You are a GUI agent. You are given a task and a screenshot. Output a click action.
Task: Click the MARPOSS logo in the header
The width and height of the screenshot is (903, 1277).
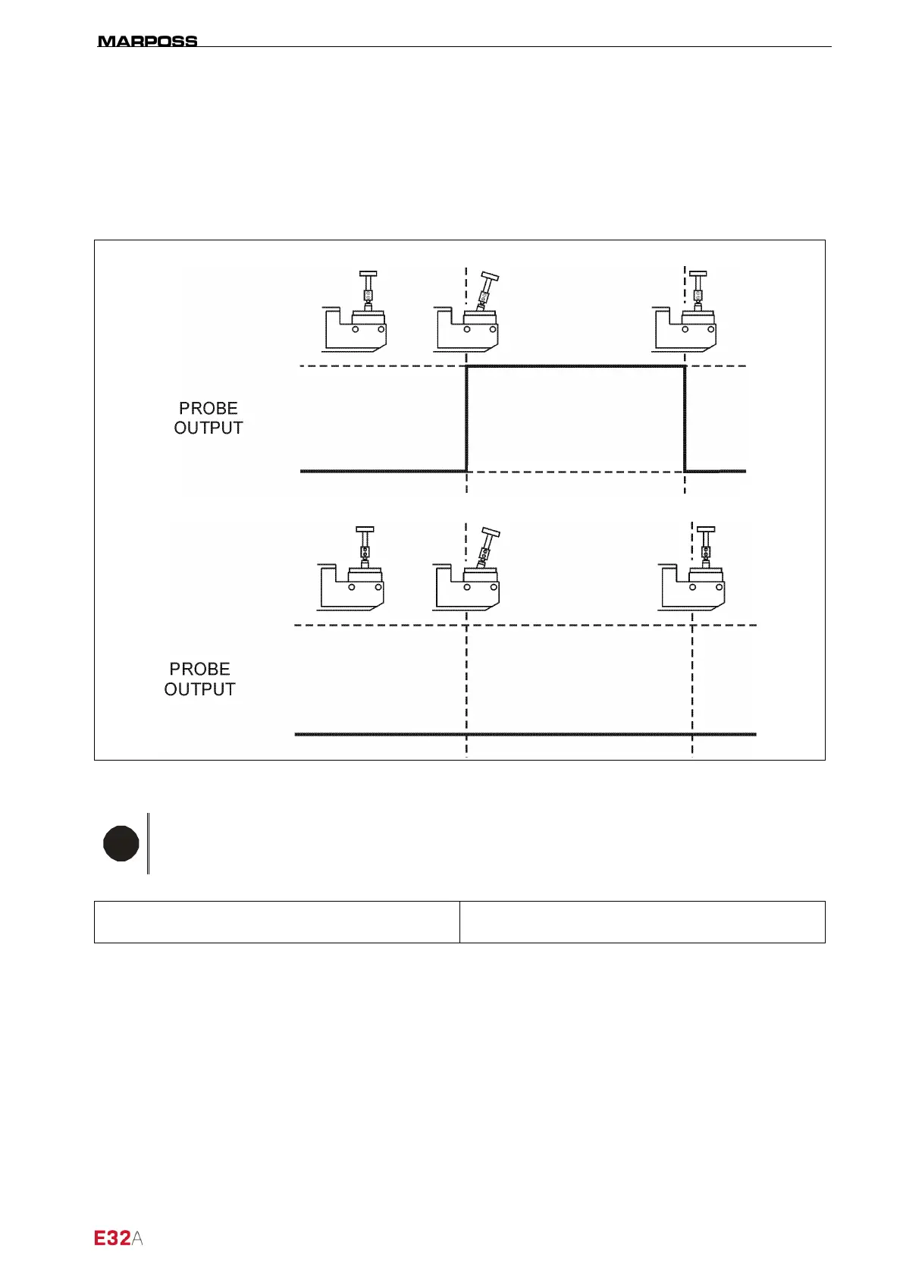pos(148,41)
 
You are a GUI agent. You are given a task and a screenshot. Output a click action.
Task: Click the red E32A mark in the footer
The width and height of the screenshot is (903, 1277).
pos(118,1238)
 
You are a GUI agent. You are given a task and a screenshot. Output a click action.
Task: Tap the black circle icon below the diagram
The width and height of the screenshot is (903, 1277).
pos(121,844)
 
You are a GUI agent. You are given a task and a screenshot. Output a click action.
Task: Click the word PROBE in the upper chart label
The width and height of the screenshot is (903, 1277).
pos(209,408)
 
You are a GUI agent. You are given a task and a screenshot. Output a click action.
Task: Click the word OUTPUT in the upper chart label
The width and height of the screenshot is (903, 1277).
pos(209,428)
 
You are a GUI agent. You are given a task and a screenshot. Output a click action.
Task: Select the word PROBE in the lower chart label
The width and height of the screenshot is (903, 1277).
pos(199,669)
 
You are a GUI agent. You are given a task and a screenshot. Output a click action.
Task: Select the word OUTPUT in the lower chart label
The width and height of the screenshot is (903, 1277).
pos(199,689)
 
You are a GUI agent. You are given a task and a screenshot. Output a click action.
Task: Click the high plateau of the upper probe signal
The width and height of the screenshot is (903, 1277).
pos(575,366)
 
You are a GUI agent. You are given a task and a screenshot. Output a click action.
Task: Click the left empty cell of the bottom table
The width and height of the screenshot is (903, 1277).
pos(277,922)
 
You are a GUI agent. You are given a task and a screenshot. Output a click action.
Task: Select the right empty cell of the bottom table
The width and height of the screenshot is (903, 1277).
pos(642,922)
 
